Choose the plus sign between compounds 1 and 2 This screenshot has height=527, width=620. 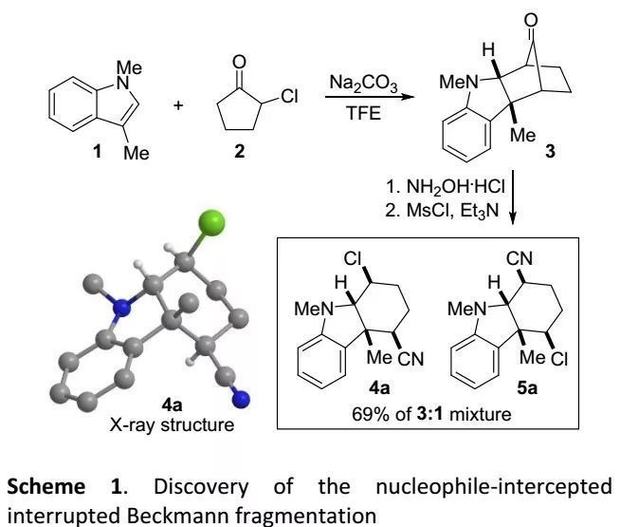coord(178,100)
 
